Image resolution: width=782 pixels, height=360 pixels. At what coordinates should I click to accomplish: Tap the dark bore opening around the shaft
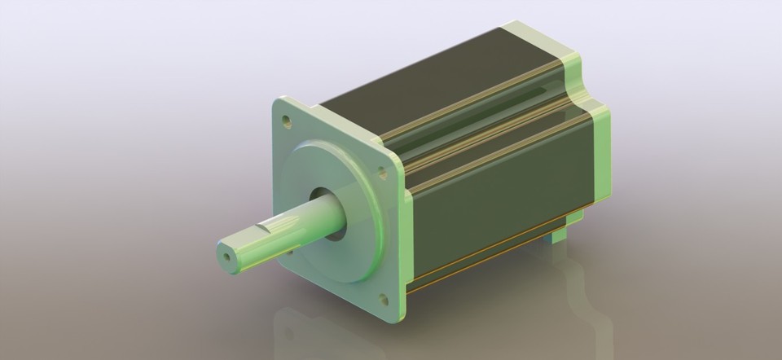pyautogui.click(x=326, y=200)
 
